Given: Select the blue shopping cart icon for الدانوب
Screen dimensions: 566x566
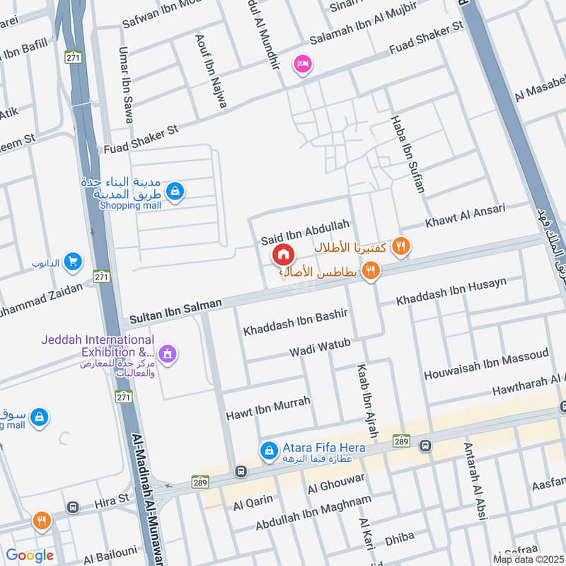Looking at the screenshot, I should coord(72,262).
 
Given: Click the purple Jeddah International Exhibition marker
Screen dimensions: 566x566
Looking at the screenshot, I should coord(167,352).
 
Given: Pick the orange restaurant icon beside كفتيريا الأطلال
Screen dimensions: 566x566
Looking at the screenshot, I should coord(401,246).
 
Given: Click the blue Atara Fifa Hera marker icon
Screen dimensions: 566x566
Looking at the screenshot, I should coord(268,449).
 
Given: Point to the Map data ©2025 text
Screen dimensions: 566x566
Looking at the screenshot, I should coord(528,559).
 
